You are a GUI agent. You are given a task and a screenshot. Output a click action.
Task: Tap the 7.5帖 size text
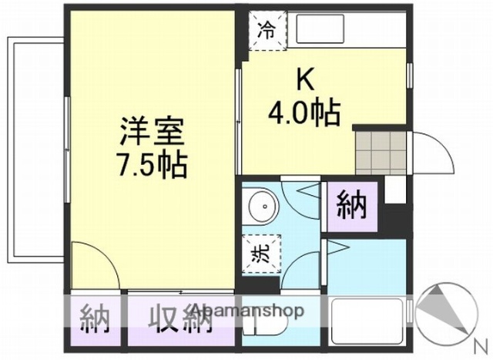click(x=152, y=165)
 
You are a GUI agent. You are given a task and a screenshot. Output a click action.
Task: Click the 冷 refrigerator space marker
click(x=266, y=31)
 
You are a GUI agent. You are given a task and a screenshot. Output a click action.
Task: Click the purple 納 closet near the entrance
click(x=351, y=207)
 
